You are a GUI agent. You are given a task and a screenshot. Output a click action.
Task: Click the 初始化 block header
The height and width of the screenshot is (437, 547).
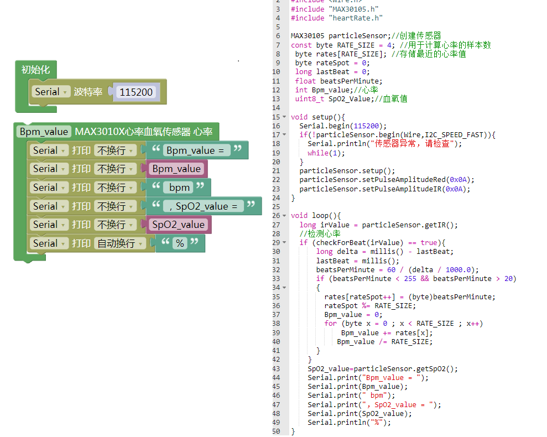pyautogui.click(x=35, y=70)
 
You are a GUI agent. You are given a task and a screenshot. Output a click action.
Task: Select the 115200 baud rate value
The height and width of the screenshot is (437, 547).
pyautogui.click(x=136, y=92)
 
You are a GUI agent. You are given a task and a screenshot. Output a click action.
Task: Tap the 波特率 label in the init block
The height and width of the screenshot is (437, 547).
pyautogui.click(x=88, y=92)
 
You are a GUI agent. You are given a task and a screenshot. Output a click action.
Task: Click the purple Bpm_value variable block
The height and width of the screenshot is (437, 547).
pyautogui.click(x=176, y=169)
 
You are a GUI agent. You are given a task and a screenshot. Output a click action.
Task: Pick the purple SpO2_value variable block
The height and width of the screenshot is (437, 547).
pyautogui.click(x=178, y=225)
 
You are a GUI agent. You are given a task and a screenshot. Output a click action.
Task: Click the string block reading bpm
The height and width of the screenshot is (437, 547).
pyautogui.click(x=179, y=188)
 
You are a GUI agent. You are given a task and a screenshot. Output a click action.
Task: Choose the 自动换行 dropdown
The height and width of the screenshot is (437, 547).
pyautogui.click(x=120, y=243)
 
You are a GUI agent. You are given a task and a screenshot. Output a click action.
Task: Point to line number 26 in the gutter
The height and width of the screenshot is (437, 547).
pyautogui.click(x=276, y=216)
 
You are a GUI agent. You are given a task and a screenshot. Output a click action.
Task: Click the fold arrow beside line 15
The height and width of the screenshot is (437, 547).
pyautogui.click(x=284, y=117)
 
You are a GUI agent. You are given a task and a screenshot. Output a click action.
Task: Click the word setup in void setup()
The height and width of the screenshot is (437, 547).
pyautogui.click(x=322, y=117)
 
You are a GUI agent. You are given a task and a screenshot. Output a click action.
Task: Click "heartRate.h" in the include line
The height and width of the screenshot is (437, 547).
pyautogui.click(x=356, y=18)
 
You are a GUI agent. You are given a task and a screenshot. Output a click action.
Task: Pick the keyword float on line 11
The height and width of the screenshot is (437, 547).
pyautogui.click(x=305, y=81)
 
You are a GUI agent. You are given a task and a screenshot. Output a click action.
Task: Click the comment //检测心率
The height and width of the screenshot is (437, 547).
pyautogui.click(x=320, y=233)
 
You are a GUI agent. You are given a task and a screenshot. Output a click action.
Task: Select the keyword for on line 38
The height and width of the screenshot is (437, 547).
pyautogui.click(x=330, y=324)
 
